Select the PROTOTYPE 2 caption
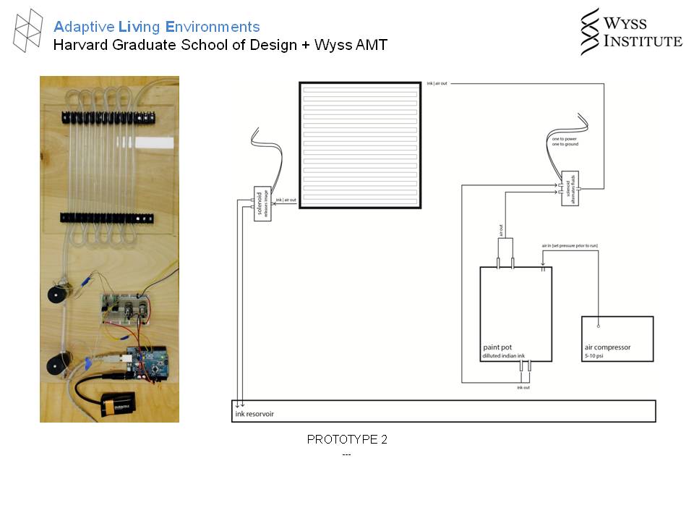(x=347, y=439)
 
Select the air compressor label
(x=607, y=347)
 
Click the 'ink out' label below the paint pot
(x=524, y=388)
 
